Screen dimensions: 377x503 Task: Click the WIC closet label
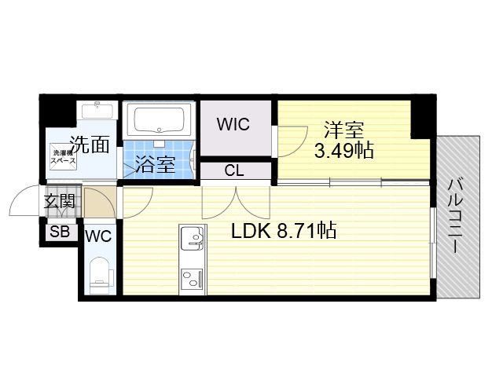pos(233,124)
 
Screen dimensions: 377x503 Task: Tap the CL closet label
pos(233,170)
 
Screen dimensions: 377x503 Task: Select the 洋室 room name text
pos(344,130)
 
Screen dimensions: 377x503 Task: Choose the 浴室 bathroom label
pos(154,165)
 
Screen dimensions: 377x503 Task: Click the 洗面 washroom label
pos(89,144)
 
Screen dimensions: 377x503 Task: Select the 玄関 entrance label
pos(59,201)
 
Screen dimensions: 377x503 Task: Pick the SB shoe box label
pos(58,232)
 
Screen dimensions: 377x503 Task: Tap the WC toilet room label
pos(98,236)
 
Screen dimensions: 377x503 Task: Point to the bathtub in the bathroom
pos(160,121)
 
